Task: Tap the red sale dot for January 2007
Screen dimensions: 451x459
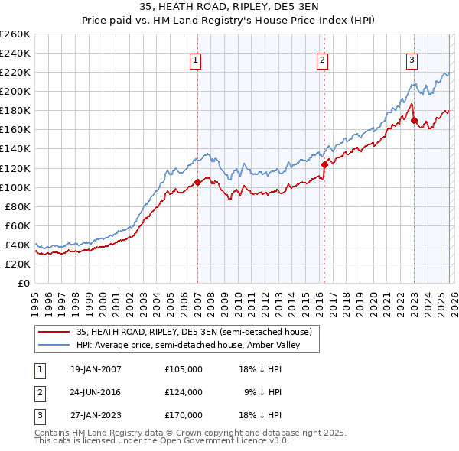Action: pos(197,182)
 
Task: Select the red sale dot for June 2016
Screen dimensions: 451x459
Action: pos(324,164)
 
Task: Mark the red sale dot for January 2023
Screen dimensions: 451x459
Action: pos(414,120)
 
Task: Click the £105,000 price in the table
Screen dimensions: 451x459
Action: pos(184,369)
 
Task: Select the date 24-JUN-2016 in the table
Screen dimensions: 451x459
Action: pos(95,392)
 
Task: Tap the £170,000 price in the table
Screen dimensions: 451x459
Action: pos(184,415)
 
